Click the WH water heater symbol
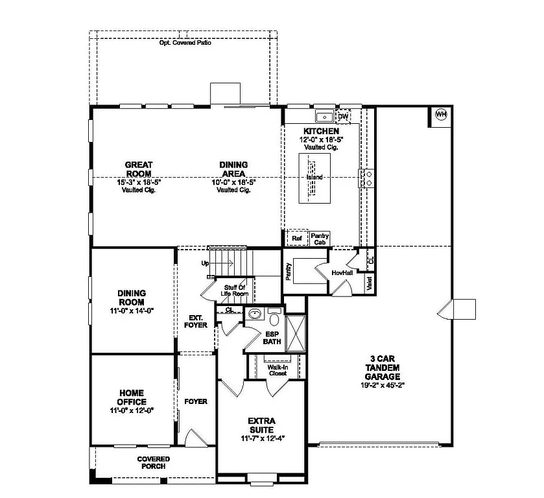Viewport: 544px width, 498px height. tap(441, 115)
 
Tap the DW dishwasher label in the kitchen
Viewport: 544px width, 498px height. tap(343, 116)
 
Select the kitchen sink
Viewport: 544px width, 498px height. tap(324, 117)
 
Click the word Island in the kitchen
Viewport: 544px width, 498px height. tap(314, 177)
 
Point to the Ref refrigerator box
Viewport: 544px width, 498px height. tap(297, 239)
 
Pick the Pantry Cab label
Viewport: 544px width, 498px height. tap(320, 239)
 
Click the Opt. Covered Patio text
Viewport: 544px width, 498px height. tap(185, 43)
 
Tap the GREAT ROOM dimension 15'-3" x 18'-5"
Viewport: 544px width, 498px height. tap(139, 183)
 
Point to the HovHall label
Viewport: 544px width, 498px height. tap(340, 273)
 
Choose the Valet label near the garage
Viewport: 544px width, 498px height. tap(369, 283)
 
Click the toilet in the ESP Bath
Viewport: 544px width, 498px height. tap(273, 319)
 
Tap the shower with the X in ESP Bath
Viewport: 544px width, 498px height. tap(296, 333)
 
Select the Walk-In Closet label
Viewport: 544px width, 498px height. tap(278, 370)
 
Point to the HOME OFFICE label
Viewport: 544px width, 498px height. tap(132, 397)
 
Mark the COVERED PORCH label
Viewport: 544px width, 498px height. tap(154, 462)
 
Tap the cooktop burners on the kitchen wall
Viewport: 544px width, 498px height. tap(368, 178)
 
